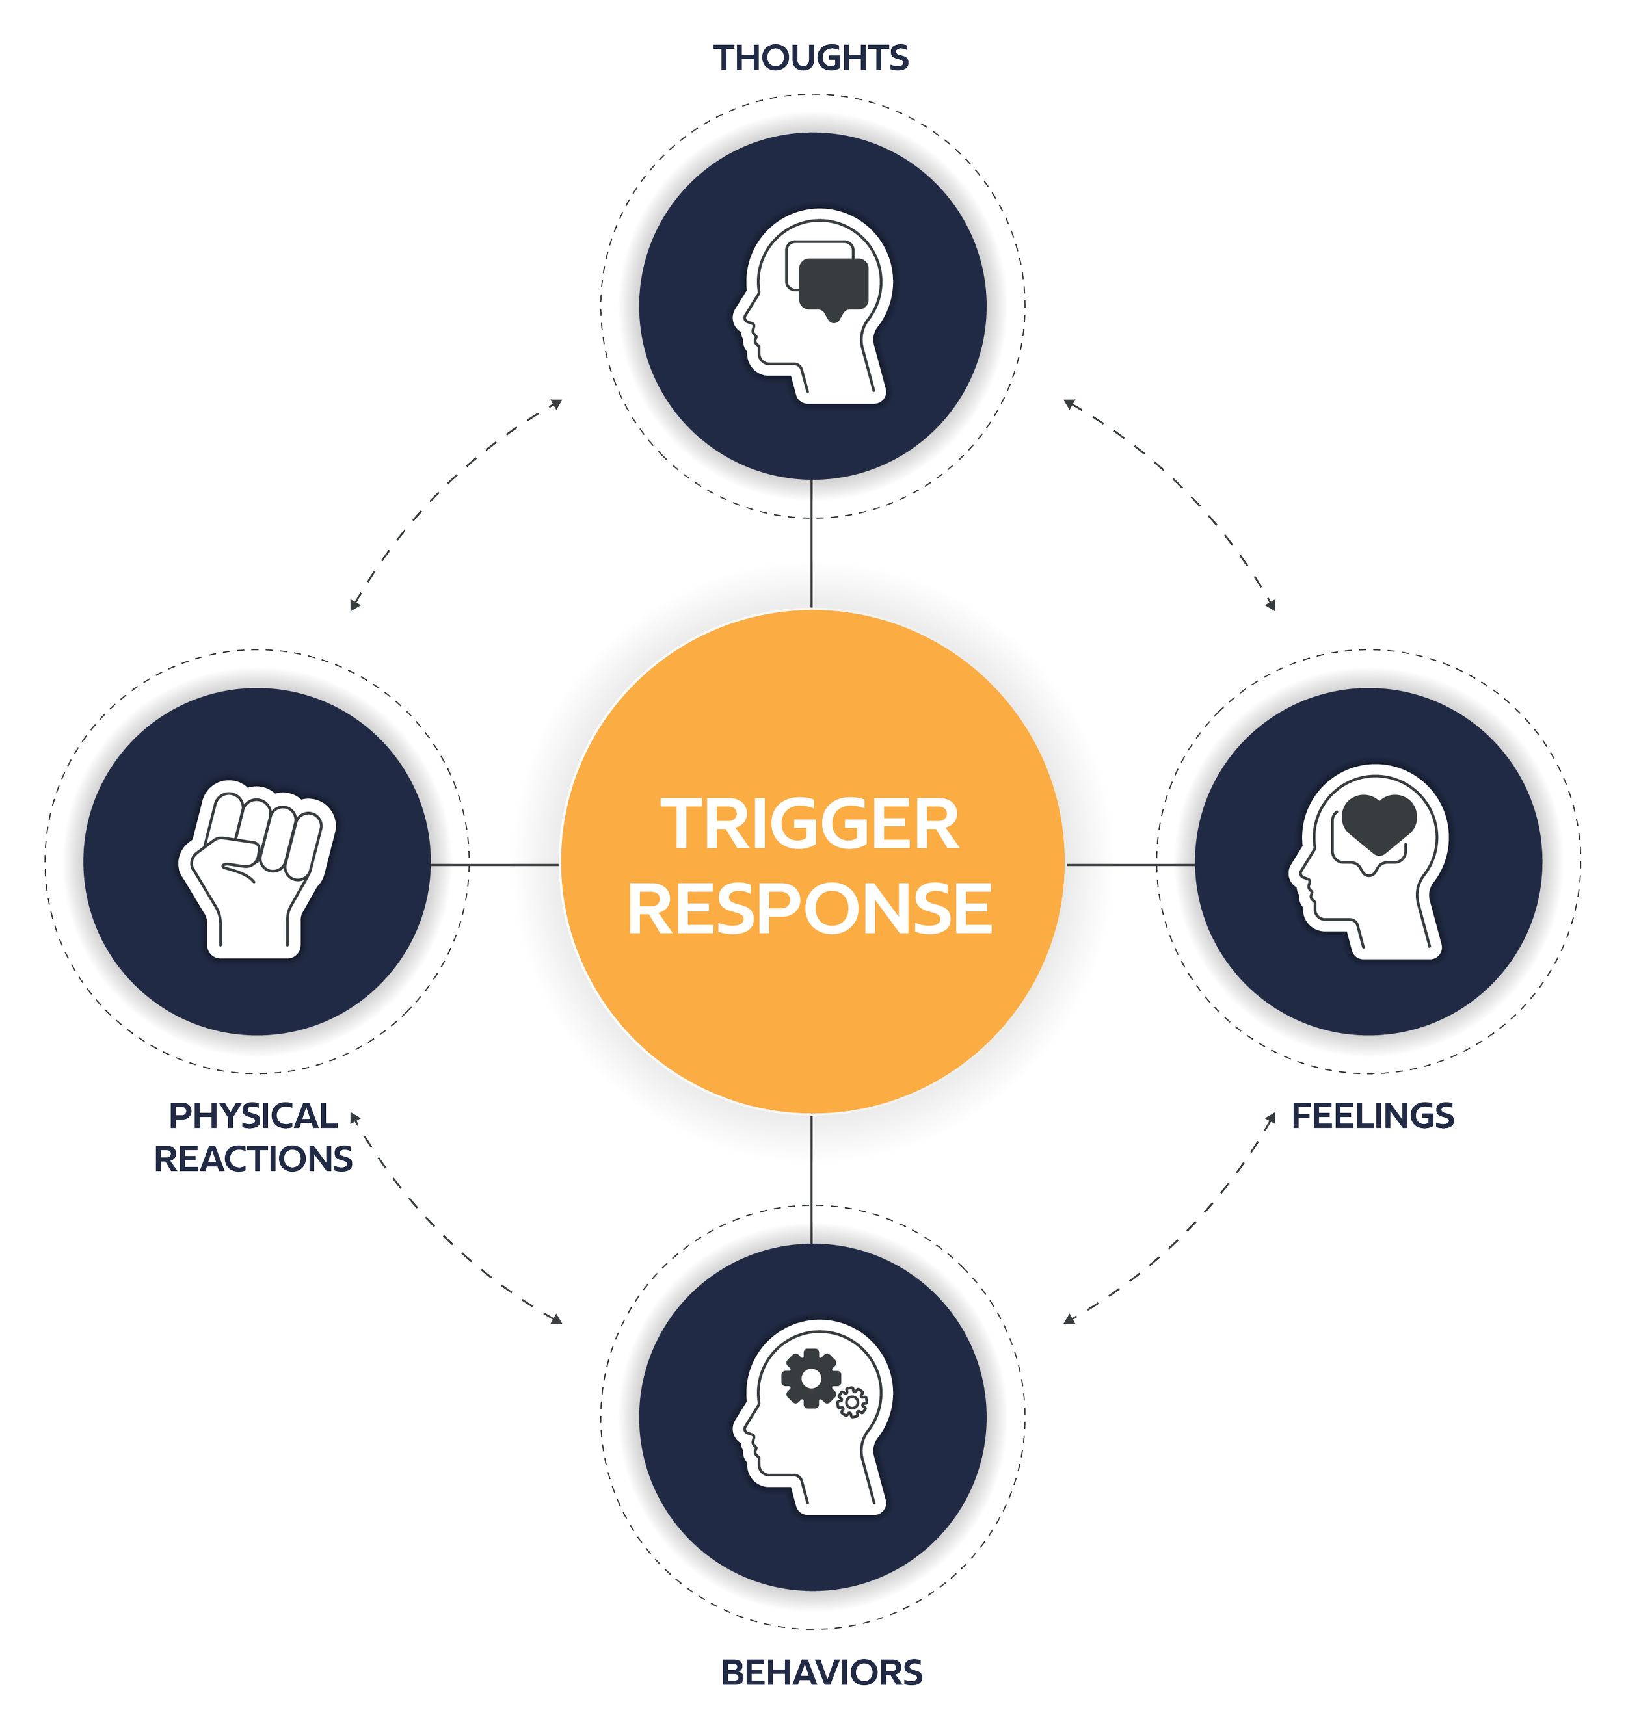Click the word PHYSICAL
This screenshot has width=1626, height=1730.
[x=253, y=1116]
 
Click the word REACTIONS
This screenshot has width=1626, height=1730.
[x=253, y=1159]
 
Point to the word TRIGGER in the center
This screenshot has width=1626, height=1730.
[x=811, y=824]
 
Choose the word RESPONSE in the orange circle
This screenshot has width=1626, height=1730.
[x=810, y=908]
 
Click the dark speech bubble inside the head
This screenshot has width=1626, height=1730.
[x=834, y=285]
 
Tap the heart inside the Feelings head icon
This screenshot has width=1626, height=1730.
[x=1379, y=822]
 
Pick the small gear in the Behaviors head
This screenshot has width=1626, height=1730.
[x=852, y=1402]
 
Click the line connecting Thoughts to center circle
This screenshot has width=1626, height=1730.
[x=811, y=544]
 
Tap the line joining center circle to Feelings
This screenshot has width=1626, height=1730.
[x=1130, y=865]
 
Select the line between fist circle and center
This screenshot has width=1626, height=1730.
[x=494, y=865]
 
